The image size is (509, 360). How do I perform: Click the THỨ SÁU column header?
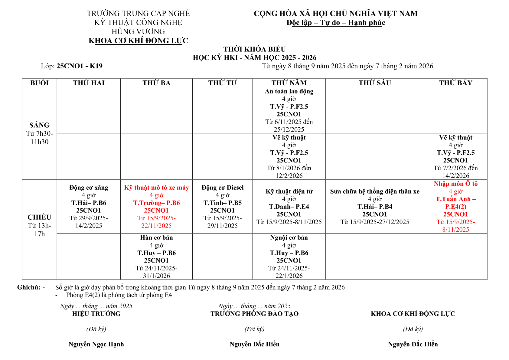point(375,83)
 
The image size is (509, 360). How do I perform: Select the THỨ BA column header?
point(156,83)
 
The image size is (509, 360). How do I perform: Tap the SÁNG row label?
point(39,125)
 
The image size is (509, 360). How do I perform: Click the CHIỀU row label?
point(39,217)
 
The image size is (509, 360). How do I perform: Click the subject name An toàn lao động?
point(289,91)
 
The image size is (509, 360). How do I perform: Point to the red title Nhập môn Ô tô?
point(455,184)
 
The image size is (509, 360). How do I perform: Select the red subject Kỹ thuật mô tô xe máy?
point(156,188)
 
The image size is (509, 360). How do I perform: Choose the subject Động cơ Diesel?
point(223,188)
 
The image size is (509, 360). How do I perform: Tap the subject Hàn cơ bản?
point(156,237)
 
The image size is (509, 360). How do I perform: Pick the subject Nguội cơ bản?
point(289,237)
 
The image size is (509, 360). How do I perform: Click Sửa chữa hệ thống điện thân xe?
point(375,191)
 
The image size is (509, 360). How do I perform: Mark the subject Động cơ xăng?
point(89,188)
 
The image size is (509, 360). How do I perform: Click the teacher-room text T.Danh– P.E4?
point(289,207)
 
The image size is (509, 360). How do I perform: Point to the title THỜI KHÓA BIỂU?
point(255,49)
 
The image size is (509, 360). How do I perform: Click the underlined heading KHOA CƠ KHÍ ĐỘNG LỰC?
point(138,41)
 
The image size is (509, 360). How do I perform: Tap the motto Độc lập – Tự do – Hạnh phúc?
point(336,23)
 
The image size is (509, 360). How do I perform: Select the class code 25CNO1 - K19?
point(80,66)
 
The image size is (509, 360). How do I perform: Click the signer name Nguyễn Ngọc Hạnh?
point(96,344)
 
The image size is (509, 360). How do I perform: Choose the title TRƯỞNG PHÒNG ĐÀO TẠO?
point(255,314)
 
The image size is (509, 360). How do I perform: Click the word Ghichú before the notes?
point(29,287)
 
